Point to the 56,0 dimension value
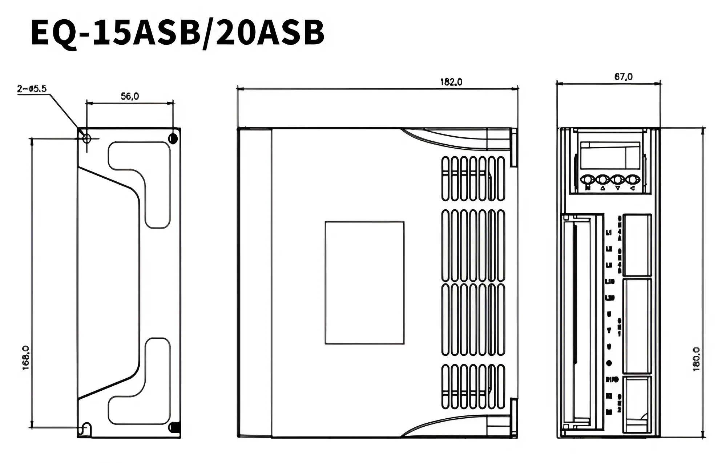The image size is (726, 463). [x=130, y=96]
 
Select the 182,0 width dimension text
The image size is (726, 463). [x=451, y=82]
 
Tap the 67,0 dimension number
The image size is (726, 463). [x=623, y=77]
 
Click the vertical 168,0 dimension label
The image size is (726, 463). [x=26, y=358]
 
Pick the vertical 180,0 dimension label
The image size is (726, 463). [x=696, y=359]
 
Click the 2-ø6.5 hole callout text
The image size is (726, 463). [x=32, y=89]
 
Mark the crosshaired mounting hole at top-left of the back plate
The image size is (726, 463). [x=86, y=138]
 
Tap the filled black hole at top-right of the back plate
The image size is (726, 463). [x=173, y=138]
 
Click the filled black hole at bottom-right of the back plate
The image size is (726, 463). [x=174, y=427]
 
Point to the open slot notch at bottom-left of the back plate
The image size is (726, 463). [x=87, y=429]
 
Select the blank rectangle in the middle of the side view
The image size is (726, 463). [x=364, y=282]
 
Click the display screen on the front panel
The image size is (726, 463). [x=609, y=155]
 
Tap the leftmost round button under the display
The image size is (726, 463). [x=588, y=179]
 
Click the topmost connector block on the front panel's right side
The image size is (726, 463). [x=637, y=245]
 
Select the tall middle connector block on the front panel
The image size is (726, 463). [x=637, y=326]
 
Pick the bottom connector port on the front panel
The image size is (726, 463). [x=637, y=404]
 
